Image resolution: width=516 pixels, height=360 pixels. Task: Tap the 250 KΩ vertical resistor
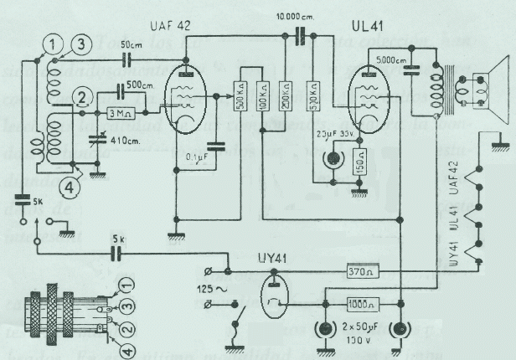pos(285,99)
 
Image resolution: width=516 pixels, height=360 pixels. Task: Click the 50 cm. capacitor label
pos(131,44)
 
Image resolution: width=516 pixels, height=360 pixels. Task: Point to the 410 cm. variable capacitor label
pos(121,141)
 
